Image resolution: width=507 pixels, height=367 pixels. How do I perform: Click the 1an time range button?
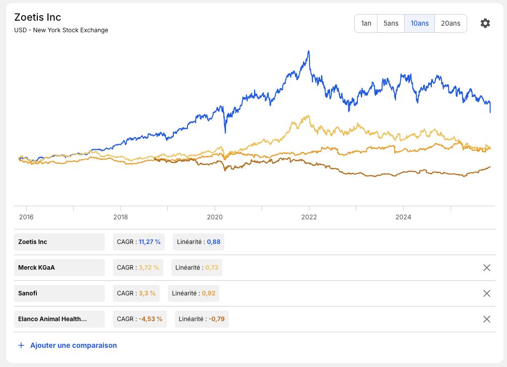click(366, 23)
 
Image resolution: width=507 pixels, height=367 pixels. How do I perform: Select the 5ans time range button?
click(391, 23)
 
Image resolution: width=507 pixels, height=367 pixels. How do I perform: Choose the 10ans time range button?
click(420, 23)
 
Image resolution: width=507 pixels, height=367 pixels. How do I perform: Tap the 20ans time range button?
click(451, 23)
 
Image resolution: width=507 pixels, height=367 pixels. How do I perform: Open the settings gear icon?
click(485, 23)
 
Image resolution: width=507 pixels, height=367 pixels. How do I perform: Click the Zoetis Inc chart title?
click(37, 17)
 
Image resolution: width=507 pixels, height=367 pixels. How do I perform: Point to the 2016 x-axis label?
click(26, 217)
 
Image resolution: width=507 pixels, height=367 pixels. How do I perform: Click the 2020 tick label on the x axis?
click(215, 217)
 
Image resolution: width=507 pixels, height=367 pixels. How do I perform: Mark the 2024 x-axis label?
click(403, 217)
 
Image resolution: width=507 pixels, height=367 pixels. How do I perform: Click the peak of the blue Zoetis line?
click(309, 51)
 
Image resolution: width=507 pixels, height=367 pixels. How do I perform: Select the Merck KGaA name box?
click(59, 267)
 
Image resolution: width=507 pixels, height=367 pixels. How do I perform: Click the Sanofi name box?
click(59, 293)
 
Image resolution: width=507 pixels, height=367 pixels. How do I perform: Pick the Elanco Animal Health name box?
click(59, 319)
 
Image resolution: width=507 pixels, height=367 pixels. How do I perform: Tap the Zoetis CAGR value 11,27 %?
click(149, 242)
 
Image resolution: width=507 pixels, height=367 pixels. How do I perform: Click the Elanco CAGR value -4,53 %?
click(150, 319)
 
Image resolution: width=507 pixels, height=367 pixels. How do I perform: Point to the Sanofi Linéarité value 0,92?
click(209, 293)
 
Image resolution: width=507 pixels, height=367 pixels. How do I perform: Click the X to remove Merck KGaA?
click(487, 267)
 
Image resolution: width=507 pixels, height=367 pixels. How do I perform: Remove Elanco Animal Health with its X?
click(487, 319)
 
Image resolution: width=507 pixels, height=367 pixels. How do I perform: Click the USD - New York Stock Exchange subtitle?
click(61, 30)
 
